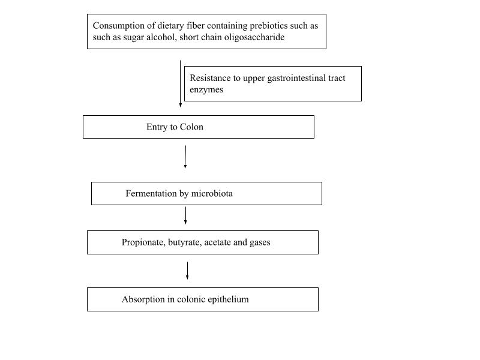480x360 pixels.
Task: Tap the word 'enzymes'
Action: point(206,89)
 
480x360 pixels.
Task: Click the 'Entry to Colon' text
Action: point(175,127)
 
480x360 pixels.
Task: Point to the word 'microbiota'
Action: point(212,194)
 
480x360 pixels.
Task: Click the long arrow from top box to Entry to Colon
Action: point(180,83)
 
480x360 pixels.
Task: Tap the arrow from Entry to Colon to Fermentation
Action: point(185,157)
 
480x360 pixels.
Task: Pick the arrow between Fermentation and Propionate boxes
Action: point(185,215)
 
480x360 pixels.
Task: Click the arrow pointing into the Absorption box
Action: point(187,271)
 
